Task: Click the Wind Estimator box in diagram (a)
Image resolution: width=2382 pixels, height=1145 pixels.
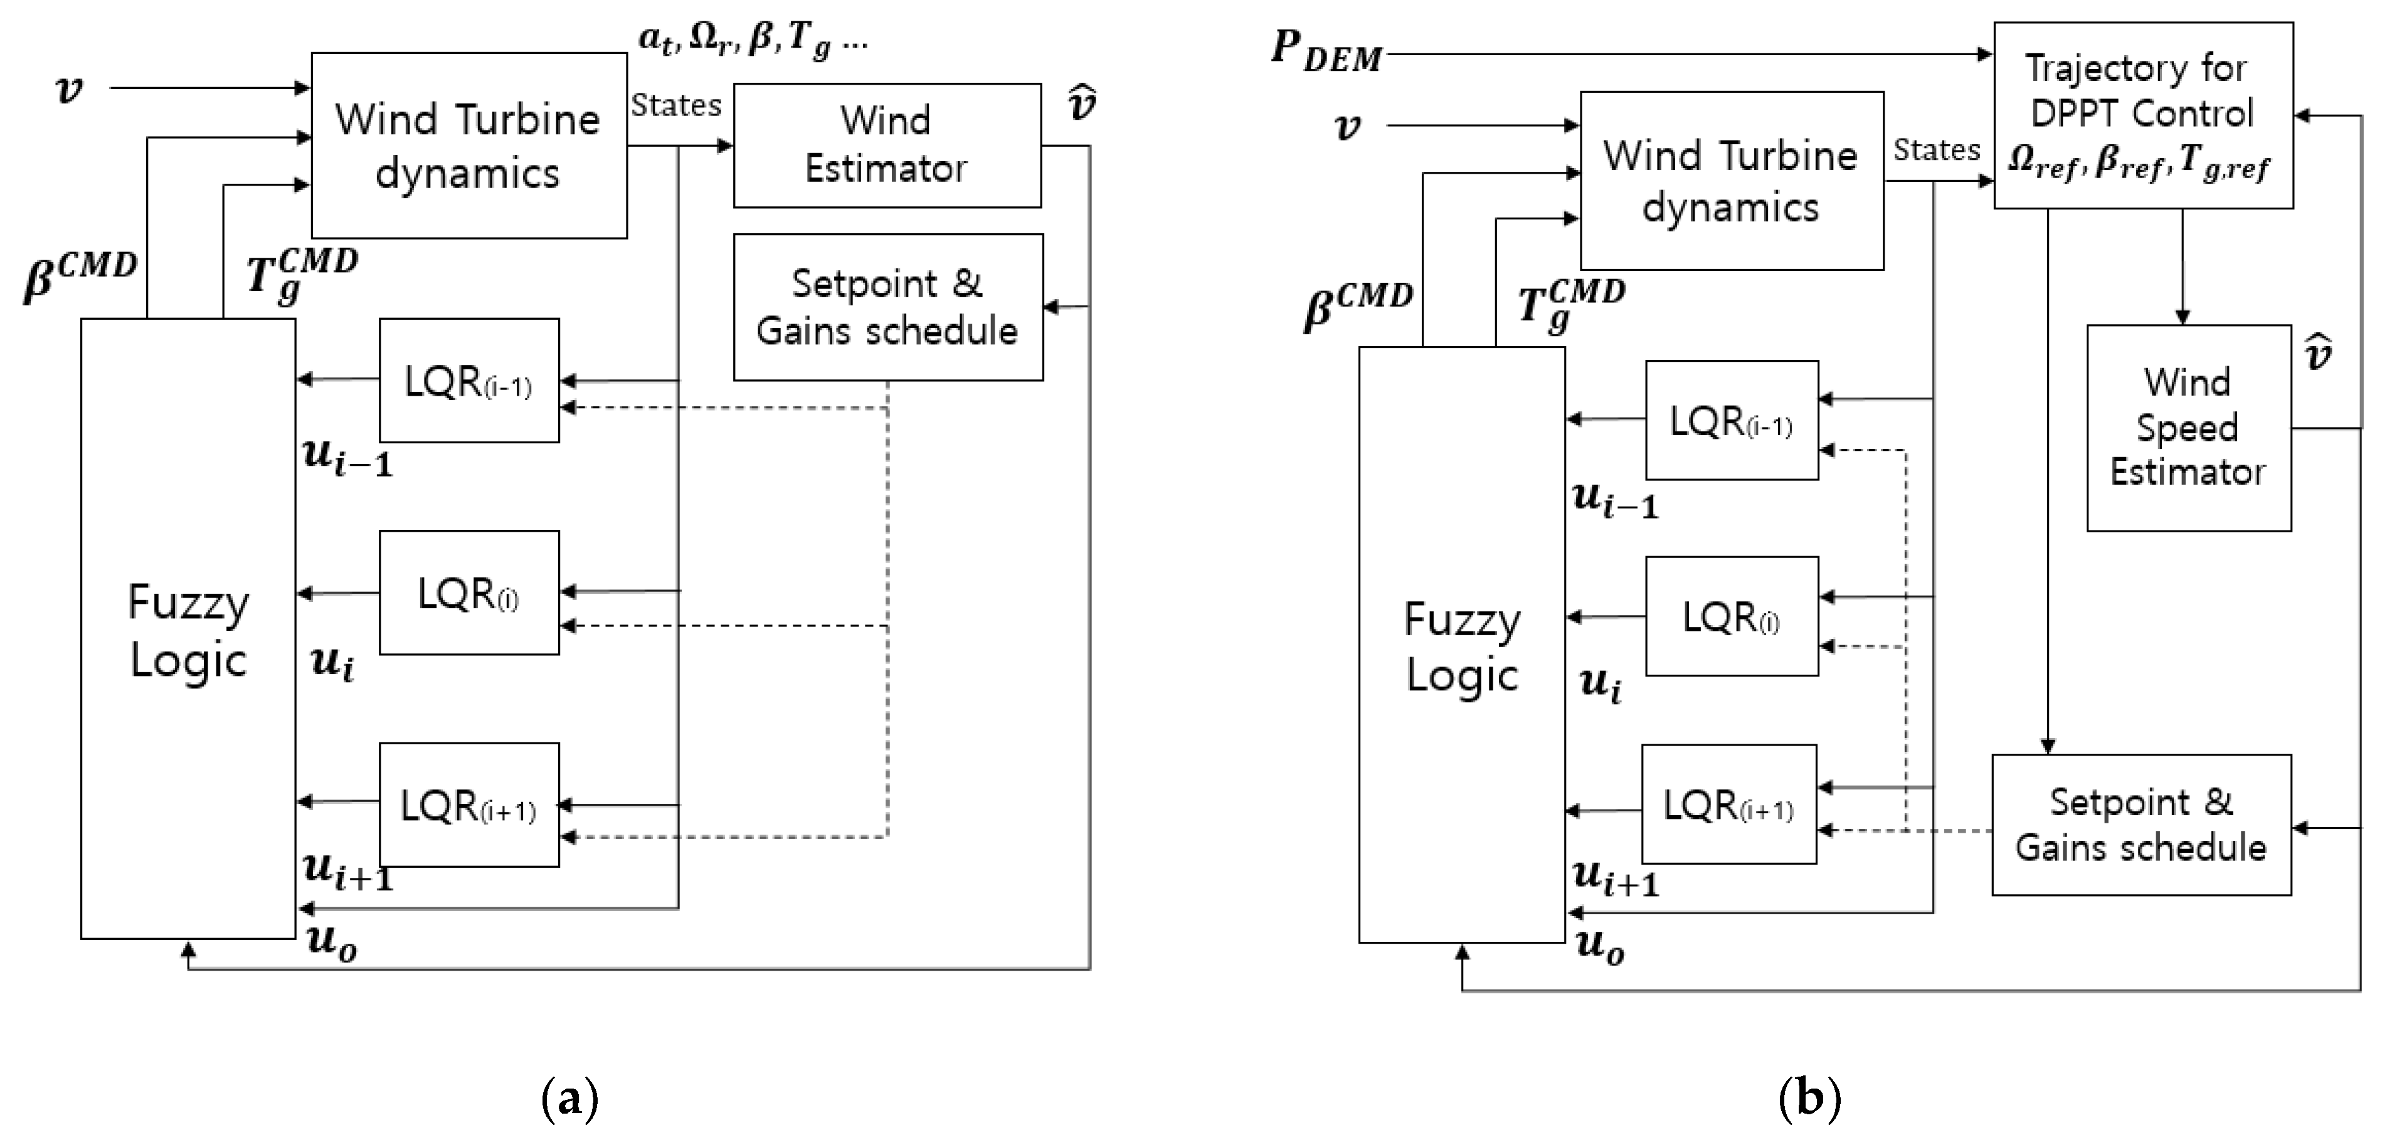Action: pos(887,145)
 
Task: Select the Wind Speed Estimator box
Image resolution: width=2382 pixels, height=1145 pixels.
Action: pos(2188,427)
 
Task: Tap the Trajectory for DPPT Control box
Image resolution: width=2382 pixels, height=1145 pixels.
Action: pos(2142,115)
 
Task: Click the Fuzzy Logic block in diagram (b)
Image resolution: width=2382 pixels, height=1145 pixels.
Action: pos(1461,645)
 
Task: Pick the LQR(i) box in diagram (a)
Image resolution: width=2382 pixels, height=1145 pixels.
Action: pos(469,593)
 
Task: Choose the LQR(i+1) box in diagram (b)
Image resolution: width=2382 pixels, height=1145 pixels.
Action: pos(1728,804)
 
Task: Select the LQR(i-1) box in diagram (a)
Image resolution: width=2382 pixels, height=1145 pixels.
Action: pos(469,380)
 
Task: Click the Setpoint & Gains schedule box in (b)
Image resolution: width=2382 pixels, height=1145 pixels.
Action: pos(2141,824)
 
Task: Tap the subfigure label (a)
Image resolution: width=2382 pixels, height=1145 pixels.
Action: pos(569,1099)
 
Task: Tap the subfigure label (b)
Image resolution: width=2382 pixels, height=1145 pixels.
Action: pos(1809,1099)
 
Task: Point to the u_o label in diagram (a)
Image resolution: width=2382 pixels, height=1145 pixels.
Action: pos(331,942)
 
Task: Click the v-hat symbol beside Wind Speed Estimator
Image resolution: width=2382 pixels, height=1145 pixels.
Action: pos(2318,353)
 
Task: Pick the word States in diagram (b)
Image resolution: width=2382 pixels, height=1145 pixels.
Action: pos(1935,150)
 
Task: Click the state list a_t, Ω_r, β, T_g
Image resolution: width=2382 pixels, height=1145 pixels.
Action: pos(753,40)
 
